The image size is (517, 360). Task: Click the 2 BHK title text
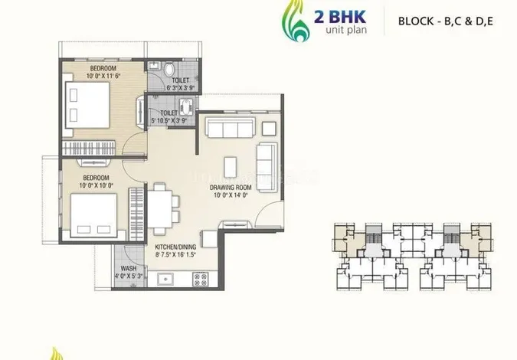[339, 17]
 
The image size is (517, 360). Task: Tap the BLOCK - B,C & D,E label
[446, 21]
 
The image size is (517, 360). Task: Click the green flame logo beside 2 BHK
[296, 21]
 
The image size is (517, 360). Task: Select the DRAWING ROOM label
[231, 188]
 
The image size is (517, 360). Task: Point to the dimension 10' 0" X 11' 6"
[103, 76]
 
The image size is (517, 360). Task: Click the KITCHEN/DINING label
[175, 247]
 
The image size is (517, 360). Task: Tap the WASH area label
[128, 268]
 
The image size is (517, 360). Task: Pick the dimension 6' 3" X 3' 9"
[180, 88]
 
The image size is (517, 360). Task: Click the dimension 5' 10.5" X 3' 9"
[169, 121]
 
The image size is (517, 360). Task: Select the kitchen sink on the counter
[165, 280]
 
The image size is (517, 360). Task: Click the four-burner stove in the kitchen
[201, 280]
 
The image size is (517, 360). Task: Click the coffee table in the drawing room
[230, 168]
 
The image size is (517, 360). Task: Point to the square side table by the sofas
[269, 129]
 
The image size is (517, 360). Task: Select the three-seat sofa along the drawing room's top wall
[230, 127]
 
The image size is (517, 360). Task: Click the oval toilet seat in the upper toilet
[169, 70]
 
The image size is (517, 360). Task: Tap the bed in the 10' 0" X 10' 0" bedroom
[93, 215]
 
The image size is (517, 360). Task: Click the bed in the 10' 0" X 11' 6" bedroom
[87, 105]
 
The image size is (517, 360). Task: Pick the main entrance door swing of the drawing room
[269, 214]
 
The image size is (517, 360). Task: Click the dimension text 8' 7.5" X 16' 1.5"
[175, 254]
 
